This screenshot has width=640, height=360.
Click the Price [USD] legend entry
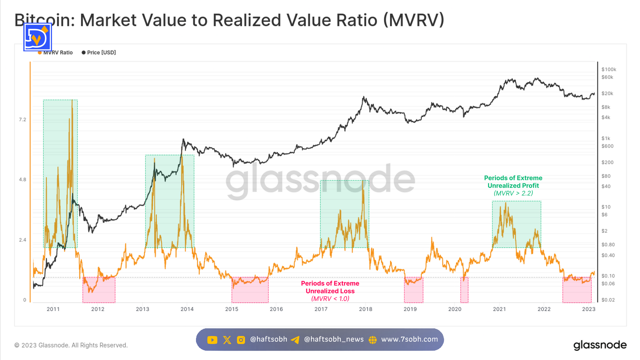pyautogui.click(x=99, y=53)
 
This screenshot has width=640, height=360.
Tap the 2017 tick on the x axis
pyautogui.click(x=321, y=309)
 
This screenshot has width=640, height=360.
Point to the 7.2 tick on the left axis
pyautogui.click(x=22, y=120)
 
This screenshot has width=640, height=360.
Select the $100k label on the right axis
pyautogui.click(x=609, y=70)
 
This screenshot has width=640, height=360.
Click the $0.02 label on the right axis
pyautogui.click(x=608, y=300)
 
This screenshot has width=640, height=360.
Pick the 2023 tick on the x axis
pyautogui.click(x=589, y=309)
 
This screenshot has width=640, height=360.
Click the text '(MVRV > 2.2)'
pyautogui.click(x=513, y=193)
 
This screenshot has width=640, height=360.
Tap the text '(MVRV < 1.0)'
pyautogui.click(x=330, y=299)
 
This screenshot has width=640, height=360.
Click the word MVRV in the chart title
pyautogui.click(x=413, y=20)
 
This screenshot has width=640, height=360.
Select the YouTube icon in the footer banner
pyautogui.click(x=212, y=340)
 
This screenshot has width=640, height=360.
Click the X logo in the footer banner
pyautogui.click(x=227, y=340)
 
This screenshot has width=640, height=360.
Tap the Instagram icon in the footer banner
pyautogui.click(x=241, y=340)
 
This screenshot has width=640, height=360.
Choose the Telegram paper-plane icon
pyautogui.click(x=295, y=340)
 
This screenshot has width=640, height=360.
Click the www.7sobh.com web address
pyautogui.click(x=409, y=339)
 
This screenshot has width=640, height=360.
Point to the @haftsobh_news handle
pyautogui.click(x=334, y=339)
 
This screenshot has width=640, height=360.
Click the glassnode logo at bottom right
pyautogui.click(x=600, y=345)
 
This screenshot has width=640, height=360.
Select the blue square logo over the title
pyautogui.click(x=38, y=37)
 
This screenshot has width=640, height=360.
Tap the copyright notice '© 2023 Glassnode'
pyautogui.click(x=71, y=345)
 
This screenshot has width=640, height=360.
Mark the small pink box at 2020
pyautogui.click(x=464, y=290)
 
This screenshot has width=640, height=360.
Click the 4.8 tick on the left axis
pyautogui.click(x=22, y=180)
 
